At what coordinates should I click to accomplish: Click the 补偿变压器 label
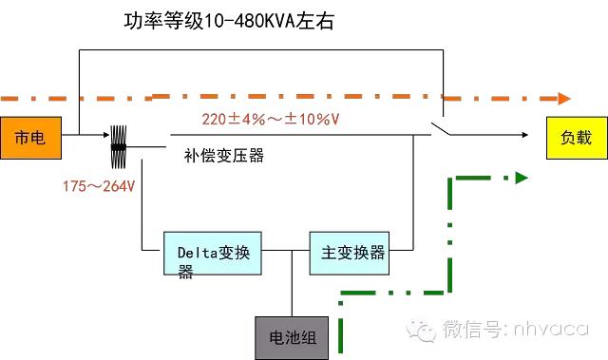click(224, 156)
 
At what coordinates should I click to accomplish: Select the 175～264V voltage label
click(94, 183)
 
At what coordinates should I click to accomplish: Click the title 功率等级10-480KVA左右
click(229, 21)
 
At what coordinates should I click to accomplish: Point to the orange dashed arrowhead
click(563, 97)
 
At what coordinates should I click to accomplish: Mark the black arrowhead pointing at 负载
click(523, 135)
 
